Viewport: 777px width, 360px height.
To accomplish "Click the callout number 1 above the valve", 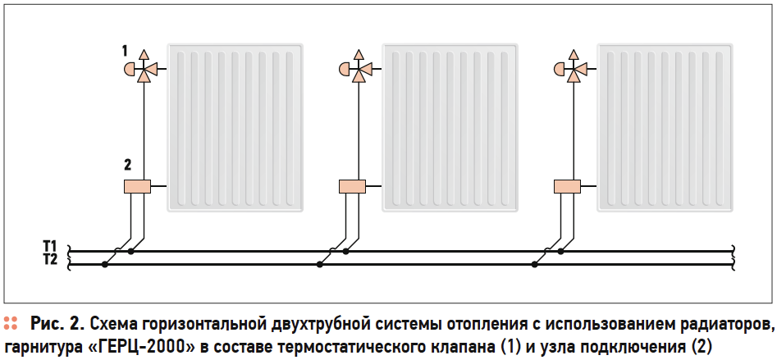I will [x=125, y=51].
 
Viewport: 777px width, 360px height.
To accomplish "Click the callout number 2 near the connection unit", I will [x=127, y=165].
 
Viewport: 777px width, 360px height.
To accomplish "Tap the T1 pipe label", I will [x=50, y=245].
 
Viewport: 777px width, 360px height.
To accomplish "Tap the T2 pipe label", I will [x=50, y=259].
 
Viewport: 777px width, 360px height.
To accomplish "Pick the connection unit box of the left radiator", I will [x=137, y=186].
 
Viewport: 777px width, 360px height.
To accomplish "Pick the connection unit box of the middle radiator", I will [x=352, y=186].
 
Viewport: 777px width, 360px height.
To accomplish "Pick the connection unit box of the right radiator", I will [x=567, y=186].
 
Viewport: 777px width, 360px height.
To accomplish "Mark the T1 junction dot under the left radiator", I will [x=130, y=251].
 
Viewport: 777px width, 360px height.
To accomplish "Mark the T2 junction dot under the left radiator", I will [x=103, y=264].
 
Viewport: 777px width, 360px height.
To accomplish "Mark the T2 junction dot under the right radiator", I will [x=534, y=264].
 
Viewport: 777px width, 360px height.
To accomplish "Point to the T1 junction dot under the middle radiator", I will [x=346, y=251].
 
